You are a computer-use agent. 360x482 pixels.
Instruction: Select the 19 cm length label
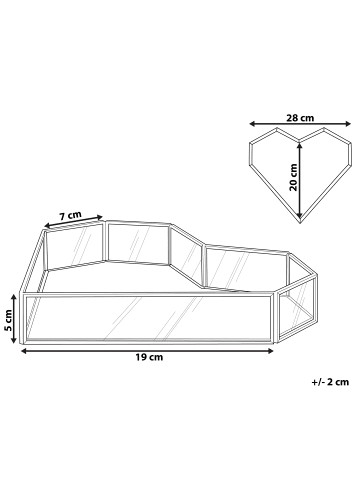point(150,357)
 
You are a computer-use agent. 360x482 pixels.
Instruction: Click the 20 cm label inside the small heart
point(292,175)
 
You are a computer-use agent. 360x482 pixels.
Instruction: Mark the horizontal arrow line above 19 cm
point(150,346)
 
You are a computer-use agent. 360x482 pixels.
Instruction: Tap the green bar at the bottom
point(180,451)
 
